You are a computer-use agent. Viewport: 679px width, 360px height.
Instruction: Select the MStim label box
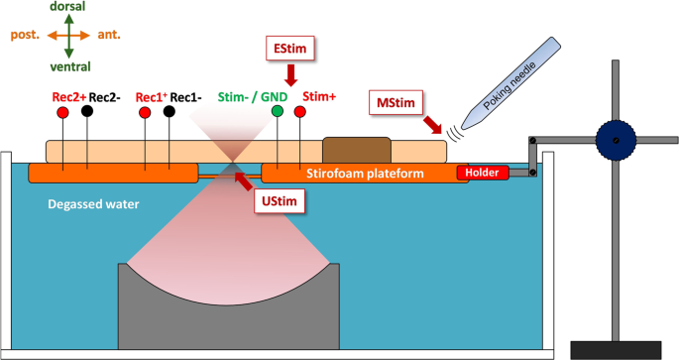pyautogui.click(x=395, y=102)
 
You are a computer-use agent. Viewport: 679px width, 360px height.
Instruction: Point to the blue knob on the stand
pyautogui.click(x=616, y=142)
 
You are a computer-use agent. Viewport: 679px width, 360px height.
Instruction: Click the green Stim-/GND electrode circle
pyautogui.click(x=280, y=112)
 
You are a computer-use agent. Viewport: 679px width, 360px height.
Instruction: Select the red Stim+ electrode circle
pyautogui.click(x=300, y=112)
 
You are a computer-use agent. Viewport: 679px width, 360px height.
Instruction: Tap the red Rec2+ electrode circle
pyautogui.click(x=63, y=112)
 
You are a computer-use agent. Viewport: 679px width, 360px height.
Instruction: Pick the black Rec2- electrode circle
pyautogui.click(x=87, y=112)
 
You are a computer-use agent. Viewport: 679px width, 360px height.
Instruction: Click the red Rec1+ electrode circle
pyautogui.click(x=146, y=112)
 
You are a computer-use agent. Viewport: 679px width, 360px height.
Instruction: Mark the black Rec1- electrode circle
pyautogui.click(x=170, y=112)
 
